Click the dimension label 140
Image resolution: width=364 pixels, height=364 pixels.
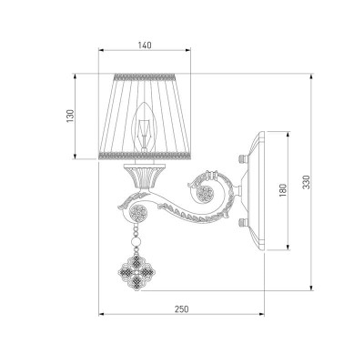tap(145, 45)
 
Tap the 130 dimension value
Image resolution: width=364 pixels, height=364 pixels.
tap(70, 116)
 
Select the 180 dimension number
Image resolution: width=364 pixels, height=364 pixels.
tap(283, 190)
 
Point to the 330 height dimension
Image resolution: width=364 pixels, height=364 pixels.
tap(307, 182)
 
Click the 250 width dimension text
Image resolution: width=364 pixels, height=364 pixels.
tap(181, 309)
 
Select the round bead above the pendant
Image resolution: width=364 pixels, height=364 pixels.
tap(136, 242)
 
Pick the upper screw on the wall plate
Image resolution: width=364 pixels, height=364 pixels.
tap(243, 158)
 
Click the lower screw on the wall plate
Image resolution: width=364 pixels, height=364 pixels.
tap(243, 223)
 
